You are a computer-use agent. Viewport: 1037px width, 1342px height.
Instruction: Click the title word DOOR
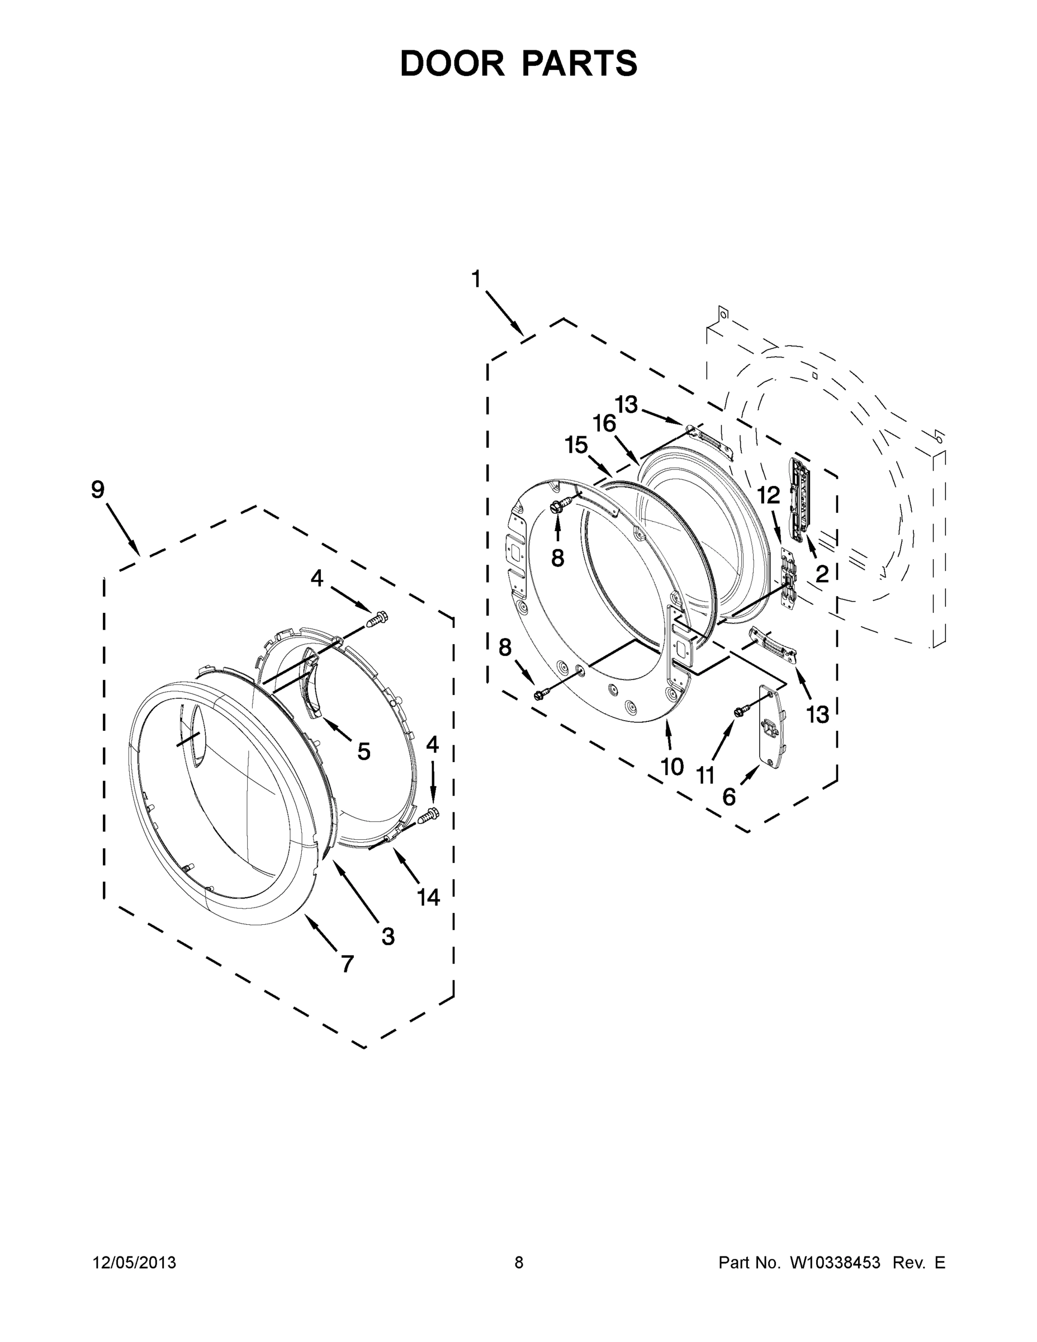(x=452, y=64)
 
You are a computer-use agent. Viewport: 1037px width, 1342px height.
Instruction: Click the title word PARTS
(x=579, y=64)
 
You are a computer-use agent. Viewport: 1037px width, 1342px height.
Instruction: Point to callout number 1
(x=476, y=280)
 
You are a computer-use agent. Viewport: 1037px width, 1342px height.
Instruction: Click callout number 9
(x=98, y=490)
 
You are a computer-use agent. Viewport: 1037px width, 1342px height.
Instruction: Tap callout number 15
(x=576, y=445)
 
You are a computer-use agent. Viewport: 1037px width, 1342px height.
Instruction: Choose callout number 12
(x=768, y=495)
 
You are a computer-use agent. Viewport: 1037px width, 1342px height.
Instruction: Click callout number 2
(x=822, y=574)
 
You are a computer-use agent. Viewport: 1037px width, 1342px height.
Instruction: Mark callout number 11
(x=705, y=776)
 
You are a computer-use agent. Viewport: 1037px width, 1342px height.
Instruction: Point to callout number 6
(x=729, y=797)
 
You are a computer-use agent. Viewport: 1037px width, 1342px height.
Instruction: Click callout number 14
(x=428, y=897)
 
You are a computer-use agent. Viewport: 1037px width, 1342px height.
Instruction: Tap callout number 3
(x=387, y=937)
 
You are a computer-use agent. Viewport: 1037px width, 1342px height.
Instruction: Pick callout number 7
(x=348, y=964)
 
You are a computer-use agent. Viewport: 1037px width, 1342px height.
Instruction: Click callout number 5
(x=364, y=751)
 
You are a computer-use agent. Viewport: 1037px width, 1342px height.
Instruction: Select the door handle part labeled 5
(x=312, y=682)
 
